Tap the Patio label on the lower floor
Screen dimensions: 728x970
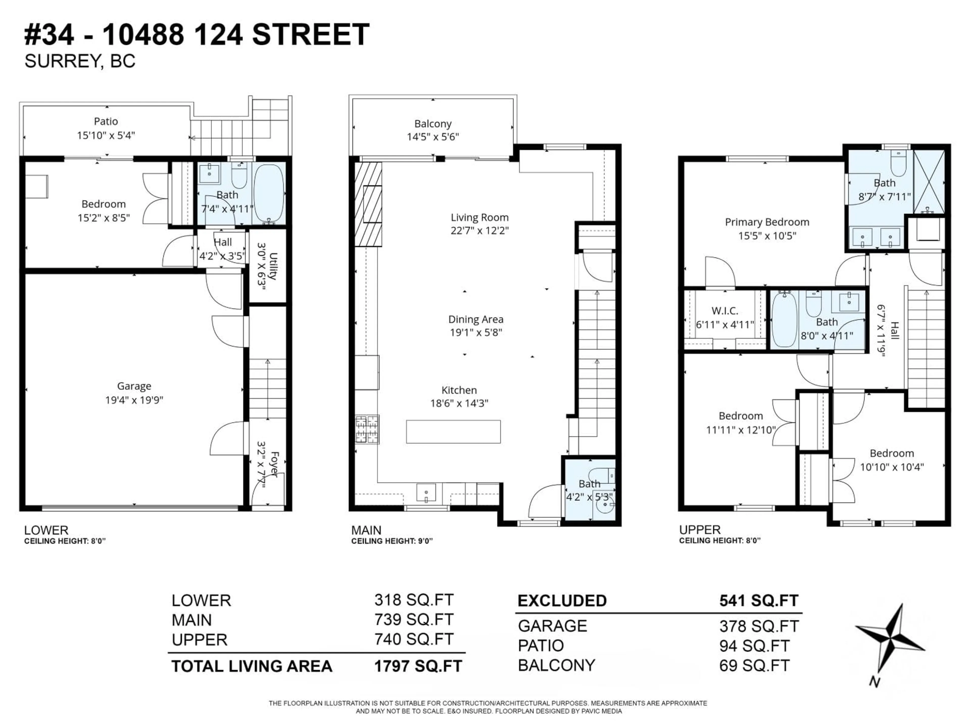[106, 121]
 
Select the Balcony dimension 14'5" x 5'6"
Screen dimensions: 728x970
[432, 137]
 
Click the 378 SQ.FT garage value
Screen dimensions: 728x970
[759, 626]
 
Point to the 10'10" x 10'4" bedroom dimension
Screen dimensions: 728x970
[891, 467]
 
